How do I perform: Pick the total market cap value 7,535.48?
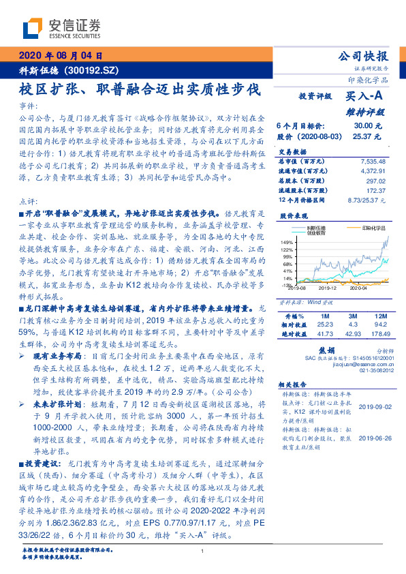pyautogui.click(x=373, y=161)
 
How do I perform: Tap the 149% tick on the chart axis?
pyautogui.click(x=287, y=242)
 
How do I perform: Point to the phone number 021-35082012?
pyautogui.click(x=371, y=370)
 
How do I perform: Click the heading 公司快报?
pyautogui.click(x=362, y=57)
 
